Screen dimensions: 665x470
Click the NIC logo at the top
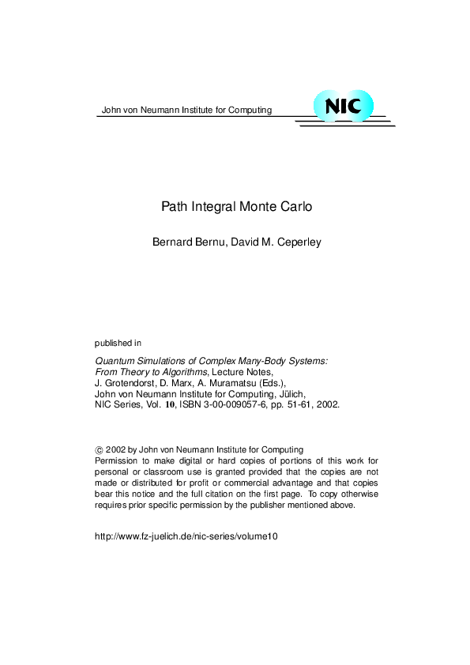pyautogui.click(x=343, y=106)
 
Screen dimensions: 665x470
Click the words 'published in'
pyautogui.click(x=118, y=343)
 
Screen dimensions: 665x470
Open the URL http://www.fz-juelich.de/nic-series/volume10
pyautogui.click(x=186, y=535)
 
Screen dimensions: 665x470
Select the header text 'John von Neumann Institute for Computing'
pyautogui.click(x=186, y=110)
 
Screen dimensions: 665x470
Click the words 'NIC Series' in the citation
pyautogui.click(x=117, y=402)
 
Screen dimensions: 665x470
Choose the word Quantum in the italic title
pyautogui.click(x=115, y=359)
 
